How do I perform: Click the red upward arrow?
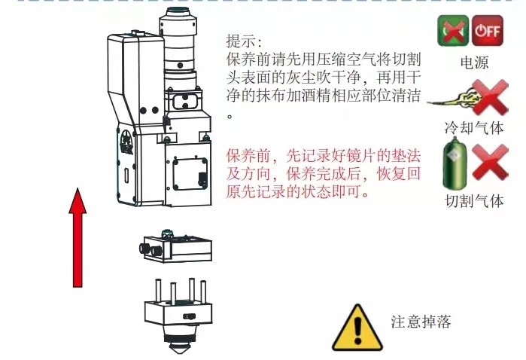(78, 237)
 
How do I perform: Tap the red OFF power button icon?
(488, 31)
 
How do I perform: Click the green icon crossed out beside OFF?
(453, 31)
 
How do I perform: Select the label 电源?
(474, 63)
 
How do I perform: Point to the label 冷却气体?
(474, 128)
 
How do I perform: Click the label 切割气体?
(474, 201)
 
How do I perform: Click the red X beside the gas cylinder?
(490, 162)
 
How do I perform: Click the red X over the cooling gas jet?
(491, 97)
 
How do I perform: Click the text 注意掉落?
(421, 322)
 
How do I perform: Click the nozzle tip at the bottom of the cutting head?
(178, 348)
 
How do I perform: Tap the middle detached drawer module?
(176, 247)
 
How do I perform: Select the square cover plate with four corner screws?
(190, 174)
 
